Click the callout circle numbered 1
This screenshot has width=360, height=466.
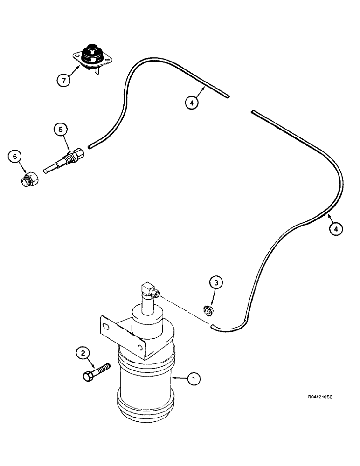coord(194,380)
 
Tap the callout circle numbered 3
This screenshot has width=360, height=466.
coord(215,283)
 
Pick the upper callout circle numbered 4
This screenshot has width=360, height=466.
coord(192,102)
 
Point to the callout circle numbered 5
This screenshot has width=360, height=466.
coord(61,129)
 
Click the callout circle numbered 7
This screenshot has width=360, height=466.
coord(65,80)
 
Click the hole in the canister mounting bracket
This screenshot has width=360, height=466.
coord(107,325)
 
